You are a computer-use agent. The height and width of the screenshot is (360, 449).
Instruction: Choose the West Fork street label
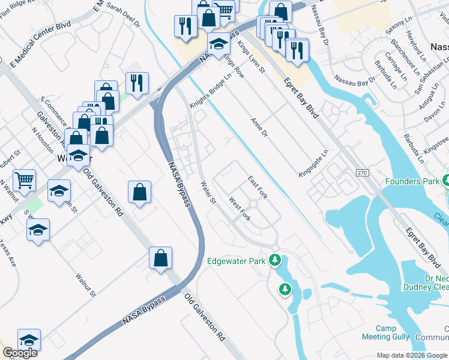pyautogui.click(x=240, y=207)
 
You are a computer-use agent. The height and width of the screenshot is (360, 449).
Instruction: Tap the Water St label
pyautogui.click(x=208, y=193)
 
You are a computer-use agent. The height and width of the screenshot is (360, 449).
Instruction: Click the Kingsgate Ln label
pyautogui.click(x=313, y=163)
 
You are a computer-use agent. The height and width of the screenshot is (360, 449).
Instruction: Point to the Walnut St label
pyautogui.click(x=85, y=285)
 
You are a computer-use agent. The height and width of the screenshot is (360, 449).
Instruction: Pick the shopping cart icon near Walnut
pyautogui.click(x=24, y=179)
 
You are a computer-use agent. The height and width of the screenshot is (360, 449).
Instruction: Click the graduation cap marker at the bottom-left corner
pyautogui.click(x=29, y=340)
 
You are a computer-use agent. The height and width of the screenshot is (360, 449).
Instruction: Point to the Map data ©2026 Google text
pyautogui.click(x=412, y=355)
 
